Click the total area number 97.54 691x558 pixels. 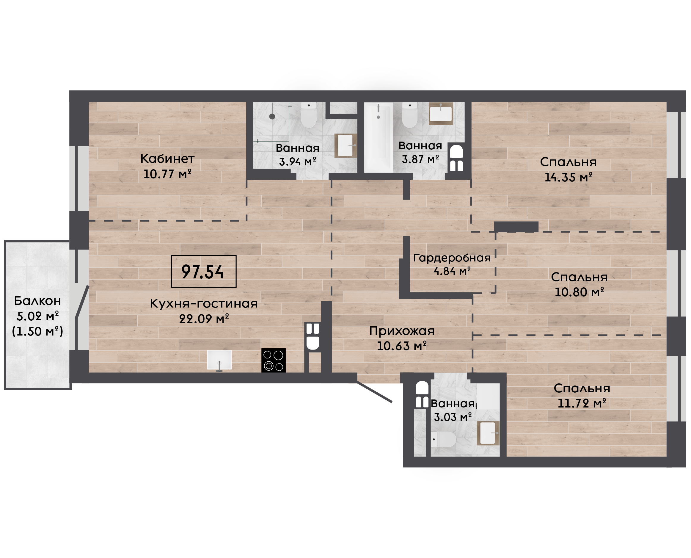click(x=202, y=272)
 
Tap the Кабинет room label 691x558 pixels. click(x=167, y=159)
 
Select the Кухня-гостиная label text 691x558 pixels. click(x=204, y=304)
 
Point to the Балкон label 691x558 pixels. click(x=37, y=301)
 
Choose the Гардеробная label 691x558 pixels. click(x=452, y=258)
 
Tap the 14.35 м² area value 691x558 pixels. click(x=568, y=177)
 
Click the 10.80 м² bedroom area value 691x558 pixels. click(x=579, y=292)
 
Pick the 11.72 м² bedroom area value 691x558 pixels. click(x=582, y=403)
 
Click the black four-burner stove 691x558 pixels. click(x=273, y=360)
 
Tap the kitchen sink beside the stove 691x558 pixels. click(x=219, y=360)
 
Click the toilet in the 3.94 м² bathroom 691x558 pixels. click(x=309, y=115)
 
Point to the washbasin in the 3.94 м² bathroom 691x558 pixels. click(x=346, y=146)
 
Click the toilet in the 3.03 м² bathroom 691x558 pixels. click(x=443, y=439)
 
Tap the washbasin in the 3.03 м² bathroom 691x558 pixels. click(x=488, y=433)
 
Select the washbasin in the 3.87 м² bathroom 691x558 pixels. click(x=441, y=113)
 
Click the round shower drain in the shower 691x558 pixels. click(x=272, y=116)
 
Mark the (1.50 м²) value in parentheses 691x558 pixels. click(x=37, y=331)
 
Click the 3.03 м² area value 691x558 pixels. click(x=453, y=418)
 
